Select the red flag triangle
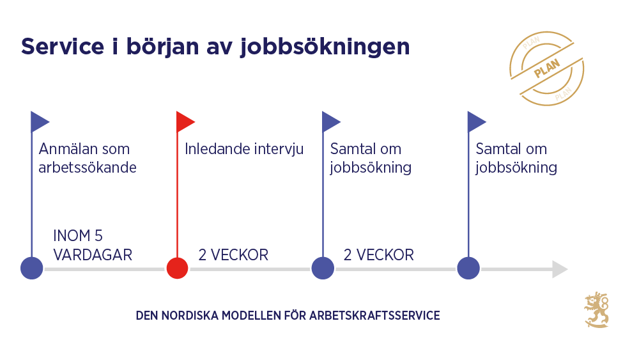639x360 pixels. [x=185, y=121]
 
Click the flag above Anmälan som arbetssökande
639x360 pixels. [x=39, y=121]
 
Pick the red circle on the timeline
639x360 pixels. [x=177, y=269]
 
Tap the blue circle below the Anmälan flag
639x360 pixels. [x=32, y=269]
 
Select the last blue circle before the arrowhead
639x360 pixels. [x=468, y=269]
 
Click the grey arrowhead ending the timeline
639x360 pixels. [x=560, y=269]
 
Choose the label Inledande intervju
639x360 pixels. [x=244, y=150]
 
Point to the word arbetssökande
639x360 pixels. [x=88, y=169]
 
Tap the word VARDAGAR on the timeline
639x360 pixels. [x=93, y=255]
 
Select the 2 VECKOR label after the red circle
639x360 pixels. [x=233, y=255]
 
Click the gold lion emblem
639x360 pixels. [x=596, y=310]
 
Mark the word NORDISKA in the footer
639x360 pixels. [x=193, y=316]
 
